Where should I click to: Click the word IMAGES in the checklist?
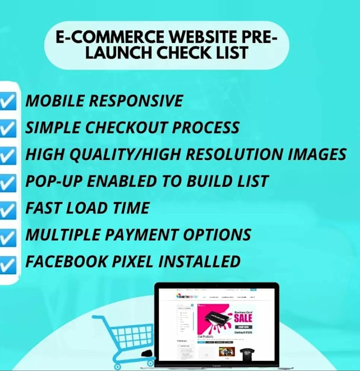point(317,155)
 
